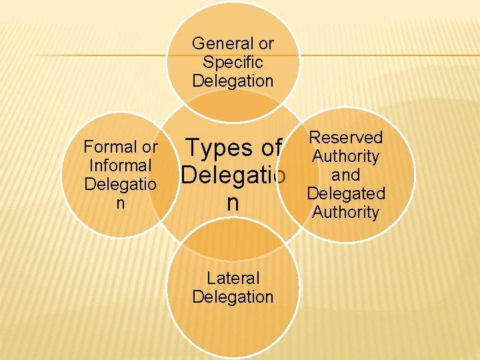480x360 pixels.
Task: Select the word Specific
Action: (233, 63)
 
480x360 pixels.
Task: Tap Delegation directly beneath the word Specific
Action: (233, 81)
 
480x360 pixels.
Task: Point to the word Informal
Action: (120, 165)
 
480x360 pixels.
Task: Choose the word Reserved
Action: (345, 138)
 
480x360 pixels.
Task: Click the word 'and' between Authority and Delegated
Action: (345, 175)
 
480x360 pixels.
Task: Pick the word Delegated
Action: (345, 194)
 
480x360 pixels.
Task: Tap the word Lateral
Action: (233, 278)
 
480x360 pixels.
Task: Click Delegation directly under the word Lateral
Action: (233, 297)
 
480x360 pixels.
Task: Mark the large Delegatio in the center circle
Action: (233, 176)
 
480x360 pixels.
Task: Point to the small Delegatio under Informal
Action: (120, 183)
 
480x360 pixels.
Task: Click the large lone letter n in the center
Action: (233, 203)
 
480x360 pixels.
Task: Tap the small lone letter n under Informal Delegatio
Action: (120, 202)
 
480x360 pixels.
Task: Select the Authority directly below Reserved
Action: (345, 157)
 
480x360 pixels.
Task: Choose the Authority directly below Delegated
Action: (345, 213)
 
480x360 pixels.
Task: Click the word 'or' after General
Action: (266, 44)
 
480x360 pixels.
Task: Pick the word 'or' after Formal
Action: (149, 147)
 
